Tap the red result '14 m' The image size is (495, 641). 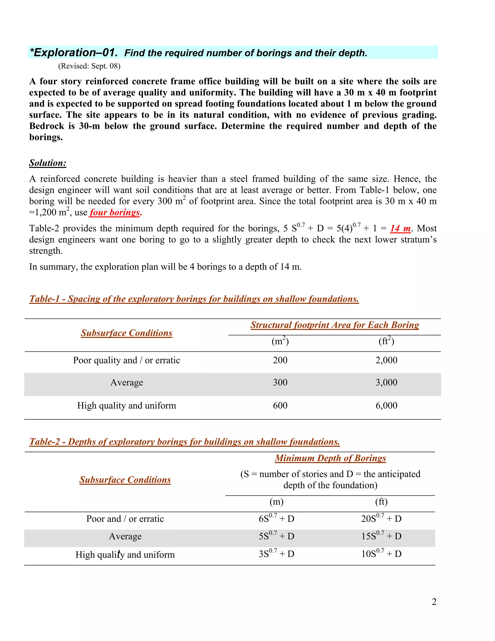(400, 228)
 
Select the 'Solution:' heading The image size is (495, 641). (48, 163)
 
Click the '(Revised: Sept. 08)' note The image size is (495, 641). (89, 66)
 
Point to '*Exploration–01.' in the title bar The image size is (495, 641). (74, 52)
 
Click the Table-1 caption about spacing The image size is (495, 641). (194, 299)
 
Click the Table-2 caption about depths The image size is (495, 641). (184, 442)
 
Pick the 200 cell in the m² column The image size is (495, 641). (280, 360)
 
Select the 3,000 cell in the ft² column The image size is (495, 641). (386, 382)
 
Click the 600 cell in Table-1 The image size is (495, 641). (280, 406)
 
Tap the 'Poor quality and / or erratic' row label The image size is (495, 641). (126, 360)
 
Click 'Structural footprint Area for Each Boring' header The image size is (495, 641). (335, 325)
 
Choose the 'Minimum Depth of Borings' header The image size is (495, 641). (330, 458)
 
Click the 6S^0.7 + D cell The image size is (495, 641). (276, 519)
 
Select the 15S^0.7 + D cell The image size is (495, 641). (381, 536)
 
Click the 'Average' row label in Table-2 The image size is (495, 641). (125, 537)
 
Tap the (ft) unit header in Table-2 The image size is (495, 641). (381, 502)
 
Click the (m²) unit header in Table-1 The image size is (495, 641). (280, 341)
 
